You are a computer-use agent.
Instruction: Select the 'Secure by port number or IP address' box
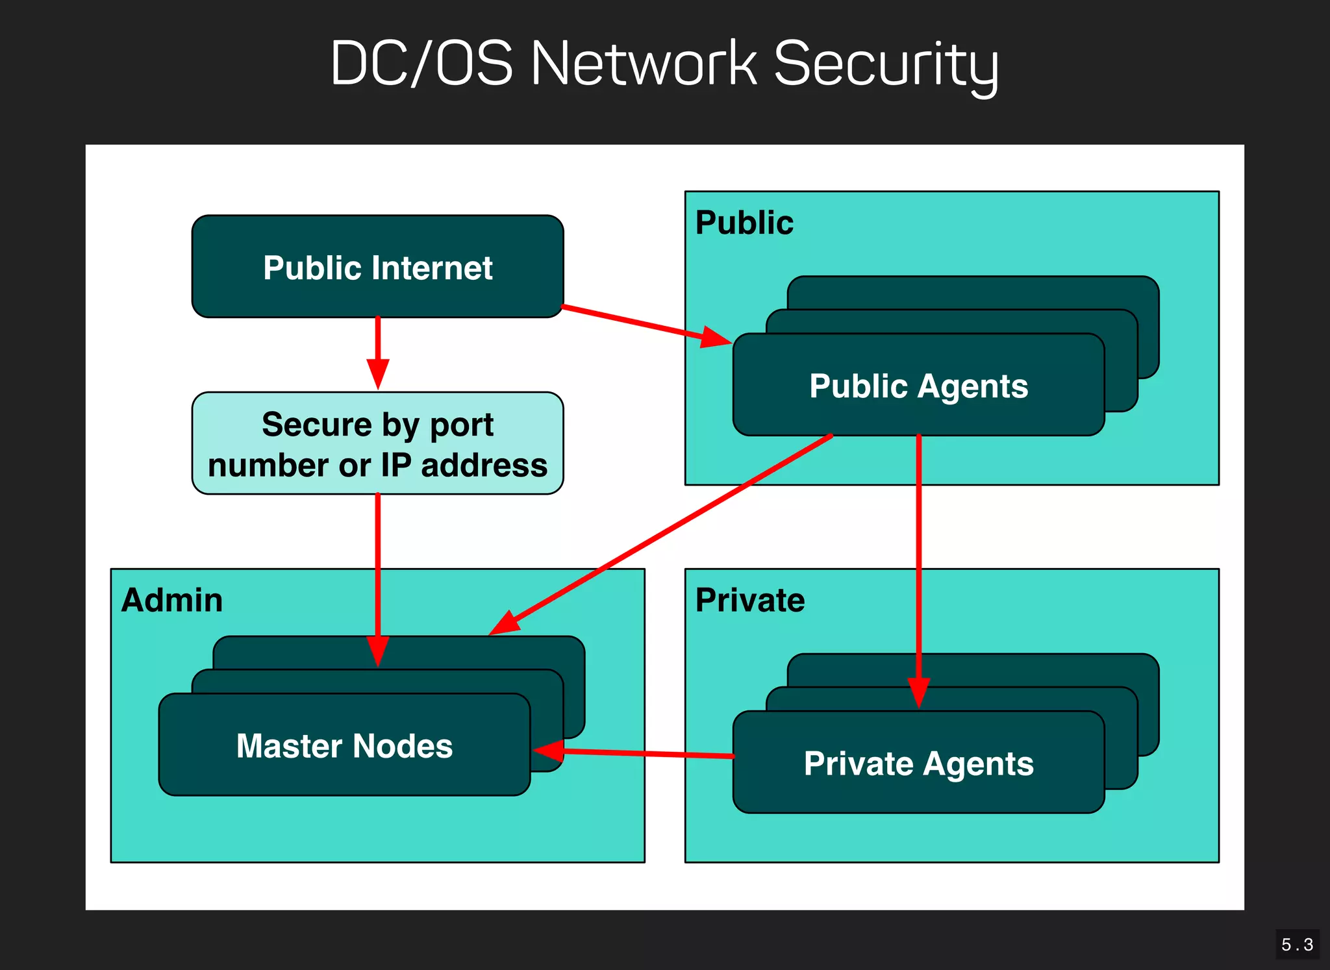pos(377,443)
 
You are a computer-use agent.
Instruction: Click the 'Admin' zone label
pos(172,600)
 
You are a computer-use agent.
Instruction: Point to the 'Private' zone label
pos(750,600)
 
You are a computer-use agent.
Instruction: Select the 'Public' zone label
pos(744,223)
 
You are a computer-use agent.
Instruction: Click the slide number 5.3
pos(1297,945)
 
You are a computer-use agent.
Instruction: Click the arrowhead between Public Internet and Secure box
pos(377,373)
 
